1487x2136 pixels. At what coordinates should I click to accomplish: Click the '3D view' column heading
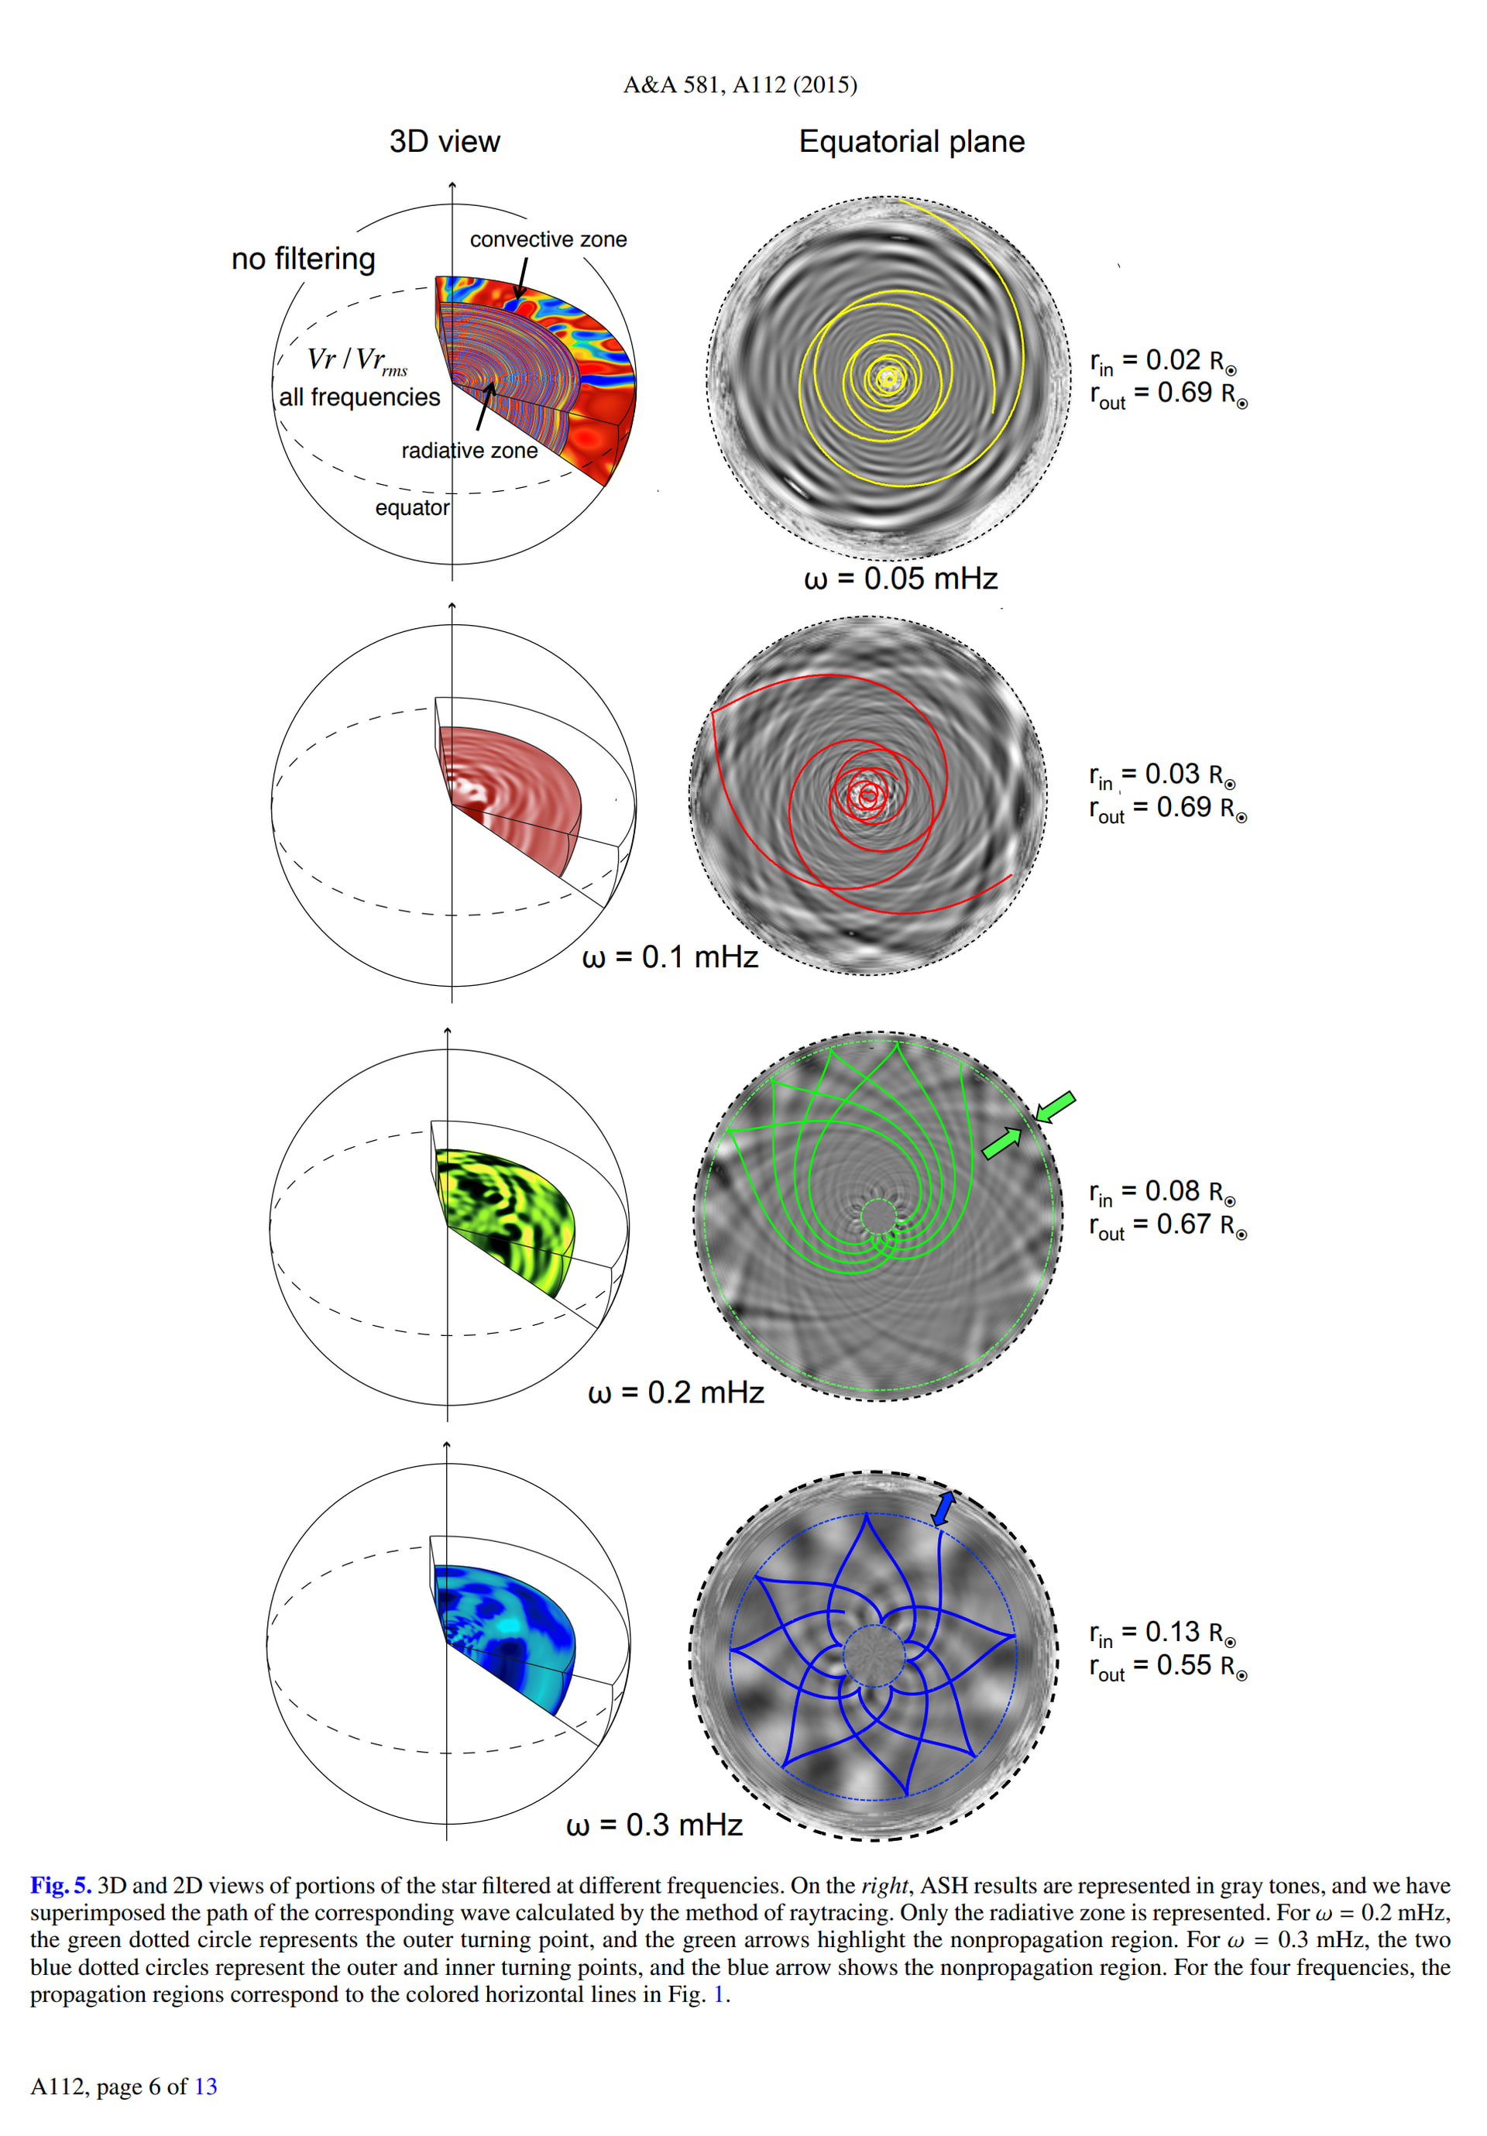445,142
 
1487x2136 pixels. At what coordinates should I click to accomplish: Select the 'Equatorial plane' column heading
911,142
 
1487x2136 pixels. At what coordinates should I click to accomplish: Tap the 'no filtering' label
304,258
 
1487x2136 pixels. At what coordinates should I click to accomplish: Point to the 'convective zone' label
548,239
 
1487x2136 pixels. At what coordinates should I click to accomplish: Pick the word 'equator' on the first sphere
412,508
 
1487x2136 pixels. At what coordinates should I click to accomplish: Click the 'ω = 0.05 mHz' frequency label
901,579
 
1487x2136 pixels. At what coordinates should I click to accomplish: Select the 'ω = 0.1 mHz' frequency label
670,957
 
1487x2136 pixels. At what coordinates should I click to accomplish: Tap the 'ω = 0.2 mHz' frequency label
675,1393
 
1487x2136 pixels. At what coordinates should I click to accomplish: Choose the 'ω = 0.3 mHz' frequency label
654,1825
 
